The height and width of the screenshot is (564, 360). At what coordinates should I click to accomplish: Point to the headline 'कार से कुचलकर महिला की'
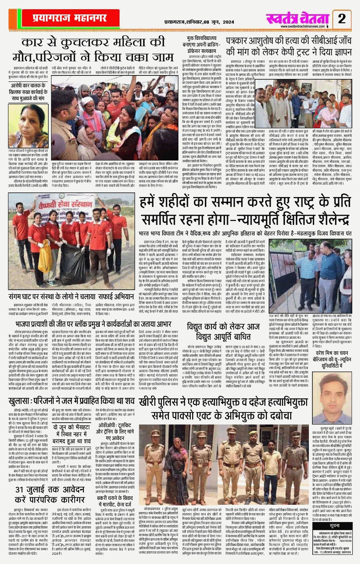click(93, 43)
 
